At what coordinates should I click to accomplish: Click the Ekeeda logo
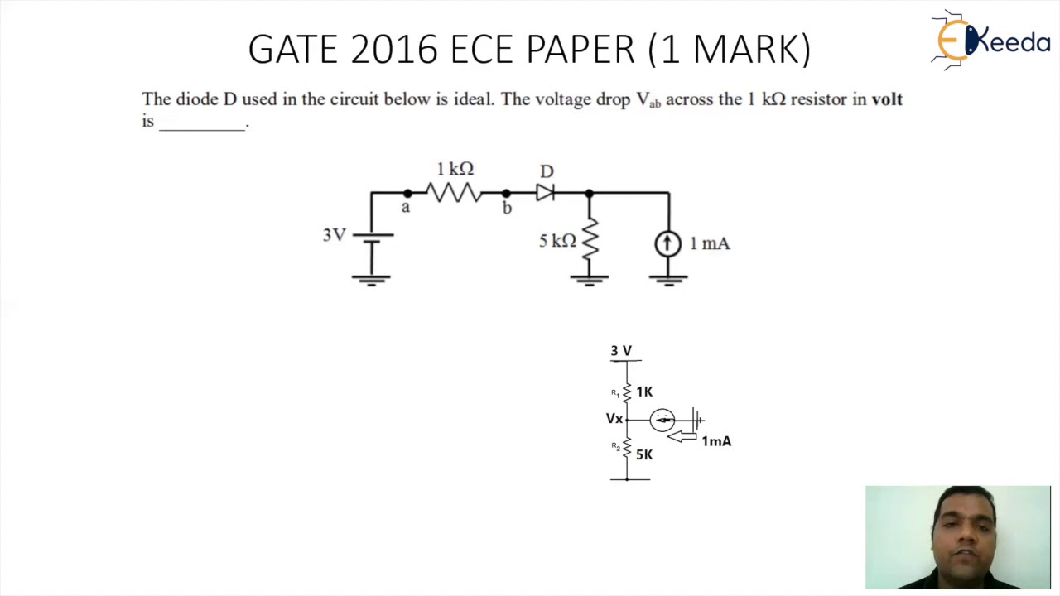tap(990, 39)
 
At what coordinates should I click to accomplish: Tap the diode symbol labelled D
tap(545, 193)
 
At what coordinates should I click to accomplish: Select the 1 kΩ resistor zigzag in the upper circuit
tap(455, 193)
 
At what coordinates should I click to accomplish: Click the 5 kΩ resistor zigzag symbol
tap(590, 240)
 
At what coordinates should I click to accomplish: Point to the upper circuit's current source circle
tap(667, 243)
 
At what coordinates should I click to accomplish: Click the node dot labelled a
tap(407, 193)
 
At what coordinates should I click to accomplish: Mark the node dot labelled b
tap(506, 193)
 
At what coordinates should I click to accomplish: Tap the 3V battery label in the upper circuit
tap(335, 235)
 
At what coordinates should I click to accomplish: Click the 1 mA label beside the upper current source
tap(710, 244)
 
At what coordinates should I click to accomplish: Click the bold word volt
tap(886, 99)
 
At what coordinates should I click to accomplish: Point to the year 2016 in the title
tap(394, 50)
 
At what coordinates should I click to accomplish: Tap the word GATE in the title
tap(293, 50)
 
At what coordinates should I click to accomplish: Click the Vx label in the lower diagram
tap(614, 419)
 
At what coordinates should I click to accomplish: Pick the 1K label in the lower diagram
tap(644, 392)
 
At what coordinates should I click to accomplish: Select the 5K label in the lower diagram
tap(644, 454)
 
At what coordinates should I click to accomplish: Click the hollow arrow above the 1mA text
tap(682, 435)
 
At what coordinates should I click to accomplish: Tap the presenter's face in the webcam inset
tap(963, 530)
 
